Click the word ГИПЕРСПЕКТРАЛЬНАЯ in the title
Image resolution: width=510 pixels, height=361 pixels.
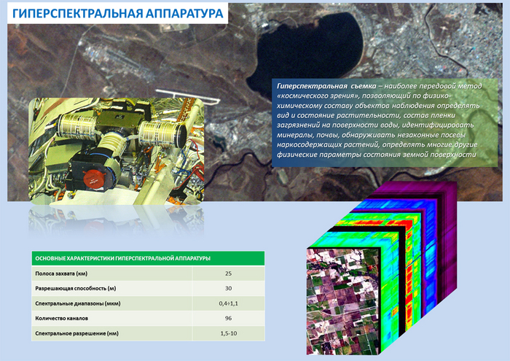point(76,13)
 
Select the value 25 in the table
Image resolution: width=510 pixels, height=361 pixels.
point(228,273)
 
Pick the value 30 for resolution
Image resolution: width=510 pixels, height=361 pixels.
point(228,288)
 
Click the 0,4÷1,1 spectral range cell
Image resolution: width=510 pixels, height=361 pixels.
point(228,303)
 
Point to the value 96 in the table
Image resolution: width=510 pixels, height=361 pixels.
point(228,319)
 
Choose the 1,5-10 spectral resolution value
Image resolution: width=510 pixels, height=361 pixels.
point(228,333)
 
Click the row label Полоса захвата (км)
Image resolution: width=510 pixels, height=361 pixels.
point(61,273)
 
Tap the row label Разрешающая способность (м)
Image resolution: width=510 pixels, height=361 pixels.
point(76,289)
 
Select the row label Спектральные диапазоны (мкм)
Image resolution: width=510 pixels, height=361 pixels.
point(78,303)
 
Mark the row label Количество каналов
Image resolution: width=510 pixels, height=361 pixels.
point(61,319)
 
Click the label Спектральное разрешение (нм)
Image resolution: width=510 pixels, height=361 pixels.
point(76,334)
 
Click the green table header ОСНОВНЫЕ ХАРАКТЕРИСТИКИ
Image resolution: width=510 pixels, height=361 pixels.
point(122,258)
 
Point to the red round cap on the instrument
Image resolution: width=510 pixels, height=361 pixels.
point(95,179)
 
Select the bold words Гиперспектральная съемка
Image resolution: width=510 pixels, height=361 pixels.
point(326,86)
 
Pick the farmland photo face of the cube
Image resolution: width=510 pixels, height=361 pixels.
point(343,301)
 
